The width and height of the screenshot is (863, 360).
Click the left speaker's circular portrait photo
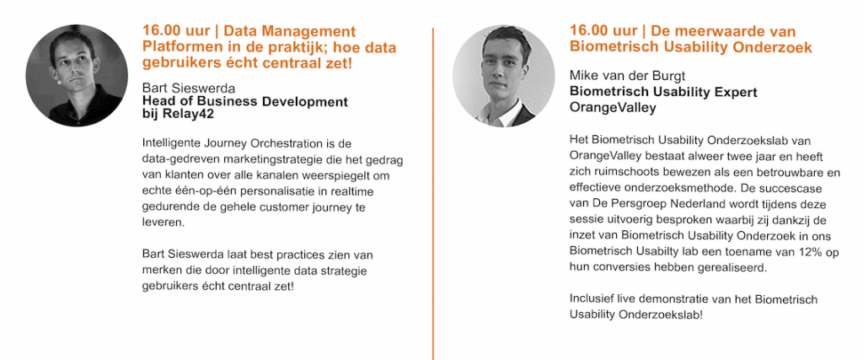click(x=77, y=75)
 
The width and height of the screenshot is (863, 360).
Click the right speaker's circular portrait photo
click(x=504, y=76)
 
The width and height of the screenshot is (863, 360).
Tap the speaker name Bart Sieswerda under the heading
click(x=189, y=89)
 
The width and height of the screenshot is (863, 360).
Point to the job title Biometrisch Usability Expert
click(x=663, y=92)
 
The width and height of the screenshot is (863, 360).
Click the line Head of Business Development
click(x=245, y=102)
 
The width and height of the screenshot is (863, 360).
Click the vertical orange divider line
click(x=433, y=194)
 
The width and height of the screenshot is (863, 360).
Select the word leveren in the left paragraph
click(x=163, y=224)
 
